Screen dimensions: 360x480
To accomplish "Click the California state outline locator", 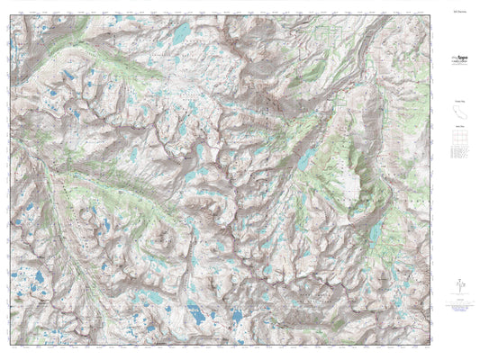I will click(457, 111).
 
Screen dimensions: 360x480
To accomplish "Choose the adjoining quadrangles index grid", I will click(457, 141).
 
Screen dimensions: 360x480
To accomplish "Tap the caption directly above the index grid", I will click(457, 128).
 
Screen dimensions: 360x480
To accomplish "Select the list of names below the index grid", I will click(457, 157).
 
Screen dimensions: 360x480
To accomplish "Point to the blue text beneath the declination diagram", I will click(457, 303).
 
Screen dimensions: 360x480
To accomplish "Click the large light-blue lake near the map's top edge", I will click(182, 32).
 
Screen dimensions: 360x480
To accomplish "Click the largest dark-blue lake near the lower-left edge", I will click(36, 291).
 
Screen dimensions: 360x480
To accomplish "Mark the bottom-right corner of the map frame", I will click(431, 346).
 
